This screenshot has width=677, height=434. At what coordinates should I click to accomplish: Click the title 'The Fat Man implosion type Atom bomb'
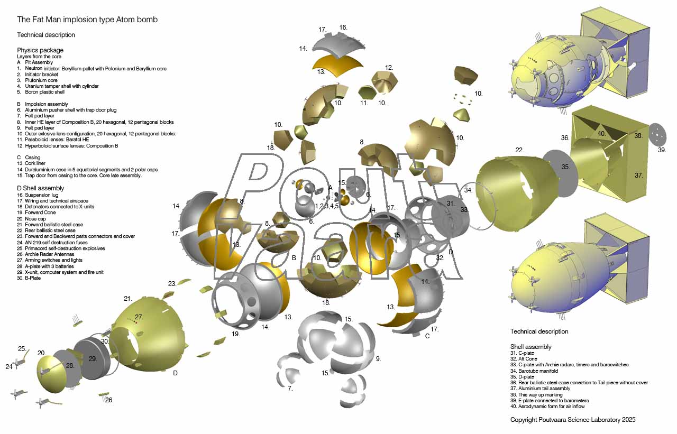click(87, 20)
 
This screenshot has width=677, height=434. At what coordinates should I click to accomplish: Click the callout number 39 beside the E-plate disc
click(662, 150)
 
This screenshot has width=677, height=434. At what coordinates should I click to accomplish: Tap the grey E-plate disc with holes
click(657, 134)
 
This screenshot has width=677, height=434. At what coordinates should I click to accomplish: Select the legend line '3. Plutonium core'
click(37, 80)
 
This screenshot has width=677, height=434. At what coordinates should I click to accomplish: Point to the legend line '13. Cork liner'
click(31, 163)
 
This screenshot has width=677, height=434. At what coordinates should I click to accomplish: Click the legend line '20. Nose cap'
click(31, 219)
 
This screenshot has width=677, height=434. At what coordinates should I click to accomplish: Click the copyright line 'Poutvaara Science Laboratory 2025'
click(587, 420)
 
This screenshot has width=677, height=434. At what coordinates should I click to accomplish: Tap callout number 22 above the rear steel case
click(519, 150)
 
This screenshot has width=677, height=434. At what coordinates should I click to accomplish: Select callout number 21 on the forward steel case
click(128, 299)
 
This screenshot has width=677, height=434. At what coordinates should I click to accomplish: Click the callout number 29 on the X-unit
click(93, 359)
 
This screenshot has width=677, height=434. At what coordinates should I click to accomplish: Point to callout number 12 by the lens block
click(389, 68)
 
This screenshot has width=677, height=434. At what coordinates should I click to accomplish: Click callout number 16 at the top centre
click(343, 27)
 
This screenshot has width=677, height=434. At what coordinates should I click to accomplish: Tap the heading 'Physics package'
click(40, 50)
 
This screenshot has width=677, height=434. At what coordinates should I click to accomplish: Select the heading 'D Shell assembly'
click(41, 188)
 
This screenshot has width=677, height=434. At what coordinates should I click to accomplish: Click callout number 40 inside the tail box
click(602, 134)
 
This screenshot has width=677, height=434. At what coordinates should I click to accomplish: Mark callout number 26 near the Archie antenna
click(109, 400)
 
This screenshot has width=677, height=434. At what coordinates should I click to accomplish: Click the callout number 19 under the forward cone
click(235, 334)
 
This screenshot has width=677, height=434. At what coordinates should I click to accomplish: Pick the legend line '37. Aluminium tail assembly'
click(541, 389)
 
